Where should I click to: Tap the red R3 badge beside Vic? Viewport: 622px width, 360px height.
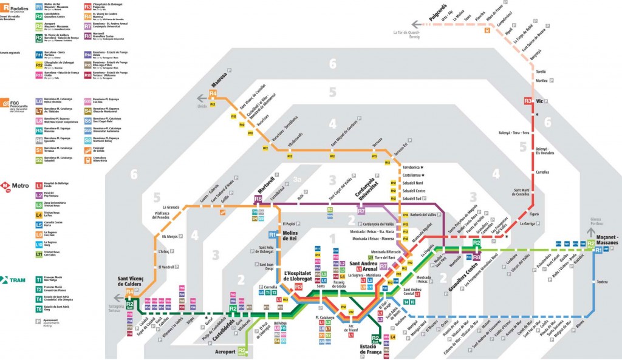[x=528, y=101]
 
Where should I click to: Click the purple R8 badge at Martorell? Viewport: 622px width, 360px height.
[x=258, y=199]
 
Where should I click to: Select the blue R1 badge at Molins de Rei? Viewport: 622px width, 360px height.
[x=272, y=234]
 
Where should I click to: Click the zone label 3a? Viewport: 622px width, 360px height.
[x=298, y=180]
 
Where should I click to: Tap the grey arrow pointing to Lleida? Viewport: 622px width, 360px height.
[x=200, y=98]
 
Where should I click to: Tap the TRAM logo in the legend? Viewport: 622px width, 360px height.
[x=15, y=280]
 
